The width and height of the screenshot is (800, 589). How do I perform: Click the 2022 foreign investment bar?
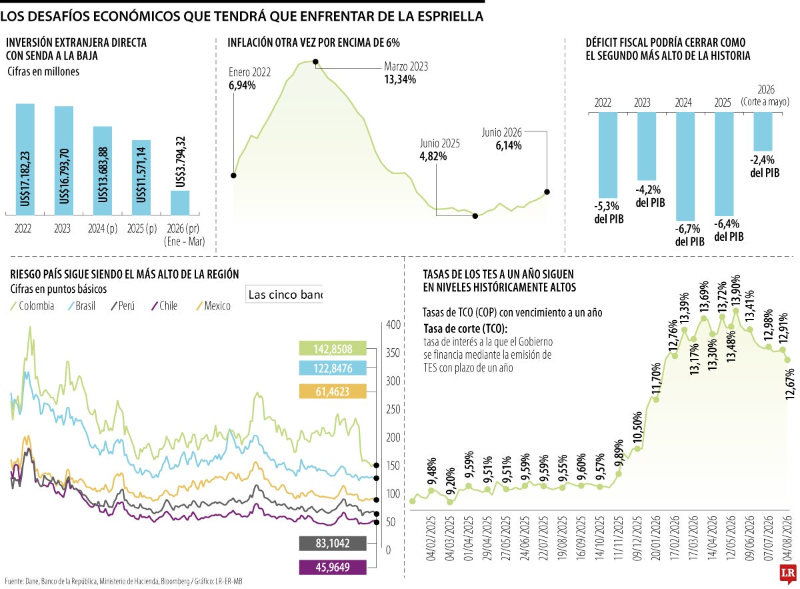pos(25,159)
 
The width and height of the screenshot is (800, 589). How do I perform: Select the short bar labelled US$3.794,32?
pos(180,203)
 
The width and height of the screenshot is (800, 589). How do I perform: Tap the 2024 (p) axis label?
pos(103,228)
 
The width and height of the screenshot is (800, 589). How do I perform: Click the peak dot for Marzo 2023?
pos(315,62)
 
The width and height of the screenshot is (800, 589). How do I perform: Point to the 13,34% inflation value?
pos(400,79)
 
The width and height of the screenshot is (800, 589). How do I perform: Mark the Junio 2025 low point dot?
pos(475,216)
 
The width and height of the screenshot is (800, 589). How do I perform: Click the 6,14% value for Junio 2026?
pos(509,145)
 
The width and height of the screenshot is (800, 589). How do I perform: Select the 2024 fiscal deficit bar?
pos(685,166)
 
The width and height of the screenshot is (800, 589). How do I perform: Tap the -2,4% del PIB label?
pos(764,166)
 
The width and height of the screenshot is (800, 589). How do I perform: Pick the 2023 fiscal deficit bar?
pos(647,146)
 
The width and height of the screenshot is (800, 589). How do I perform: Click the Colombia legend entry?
pos(33,306)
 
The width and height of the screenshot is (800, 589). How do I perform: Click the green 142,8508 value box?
pos(333,348)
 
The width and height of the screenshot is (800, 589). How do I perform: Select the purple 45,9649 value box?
pos(333,567)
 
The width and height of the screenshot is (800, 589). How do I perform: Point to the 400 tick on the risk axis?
pos(393,325)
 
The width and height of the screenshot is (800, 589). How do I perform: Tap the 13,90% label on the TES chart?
pos(735,291)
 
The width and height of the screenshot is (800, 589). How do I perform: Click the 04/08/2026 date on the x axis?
pos(787,538)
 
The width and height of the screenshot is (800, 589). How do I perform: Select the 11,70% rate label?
pos(656,378)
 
